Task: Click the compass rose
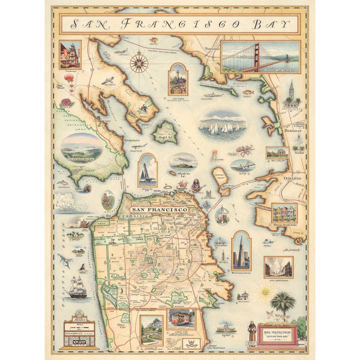(x=139, y=62)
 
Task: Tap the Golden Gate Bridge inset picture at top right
(x=260, y=57)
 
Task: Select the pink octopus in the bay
(x=245, y=150)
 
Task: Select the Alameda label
(x=291, y=249)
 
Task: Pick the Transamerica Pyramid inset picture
(x=241, y=251)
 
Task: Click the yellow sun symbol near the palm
(x=265, y=290)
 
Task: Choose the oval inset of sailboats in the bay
(x=222, y=127)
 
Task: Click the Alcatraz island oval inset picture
(x=183, y=162)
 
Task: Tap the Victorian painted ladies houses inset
(x=284, y=212)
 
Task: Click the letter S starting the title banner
(x=75, y=24)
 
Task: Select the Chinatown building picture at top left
(x=69, y=54)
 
